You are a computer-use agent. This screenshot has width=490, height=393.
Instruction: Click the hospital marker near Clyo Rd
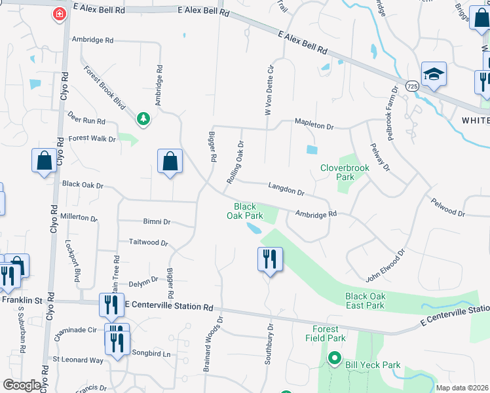pos(60,14)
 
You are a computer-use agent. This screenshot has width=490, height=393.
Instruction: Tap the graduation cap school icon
pos(434,75)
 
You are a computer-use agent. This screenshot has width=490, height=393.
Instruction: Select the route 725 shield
pos(412,86)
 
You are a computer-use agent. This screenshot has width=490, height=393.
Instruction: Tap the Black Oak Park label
pos(245,210)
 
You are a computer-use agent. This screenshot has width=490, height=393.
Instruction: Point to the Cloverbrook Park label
pos(345,172)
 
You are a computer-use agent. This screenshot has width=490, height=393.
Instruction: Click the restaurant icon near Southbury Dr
pos(270,260)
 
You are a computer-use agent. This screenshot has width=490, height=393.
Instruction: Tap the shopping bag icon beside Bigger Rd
pos(170,162)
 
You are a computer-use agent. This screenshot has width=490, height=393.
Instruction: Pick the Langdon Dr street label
pos(286,189)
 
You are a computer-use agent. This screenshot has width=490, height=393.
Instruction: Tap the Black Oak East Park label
pos(365,301)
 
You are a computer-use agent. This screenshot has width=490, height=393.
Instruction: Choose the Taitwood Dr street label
pos(148,242)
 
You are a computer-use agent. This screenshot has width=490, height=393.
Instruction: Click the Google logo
pos(22,385)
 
